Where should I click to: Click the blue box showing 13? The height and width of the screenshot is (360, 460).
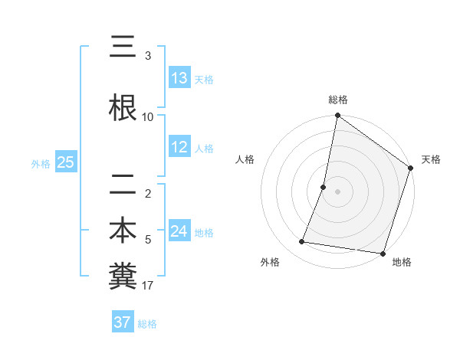179,78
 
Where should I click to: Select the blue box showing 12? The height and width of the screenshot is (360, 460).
179,147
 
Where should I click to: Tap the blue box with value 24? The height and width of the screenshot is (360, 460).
179,231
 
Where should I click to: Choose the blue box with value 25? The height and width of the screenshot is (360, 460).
65,162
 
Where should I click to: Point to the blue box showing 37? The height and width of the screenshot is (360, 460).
123,322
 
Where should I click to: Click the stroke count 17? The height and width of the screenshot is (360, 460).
148,286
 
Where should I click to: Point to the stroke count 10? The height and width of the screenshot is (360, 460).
148,116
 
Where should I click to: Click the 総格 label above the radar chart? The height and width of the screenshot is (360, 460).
338,100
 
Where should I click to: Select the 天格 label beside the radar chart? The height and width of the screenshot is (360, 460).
431,159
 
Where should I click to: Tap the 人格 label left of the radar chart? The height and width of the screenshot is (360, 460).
245,159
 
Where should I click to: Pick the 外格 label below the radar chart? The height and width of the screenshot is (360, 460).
270,262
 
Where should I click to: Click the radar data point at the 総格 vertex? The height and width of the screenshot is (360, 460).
337,116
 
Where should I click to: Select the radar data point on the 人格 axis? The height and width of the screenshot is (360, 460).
324,187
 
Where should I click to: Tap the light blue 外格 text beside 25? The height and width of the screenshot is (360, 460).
41,163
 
